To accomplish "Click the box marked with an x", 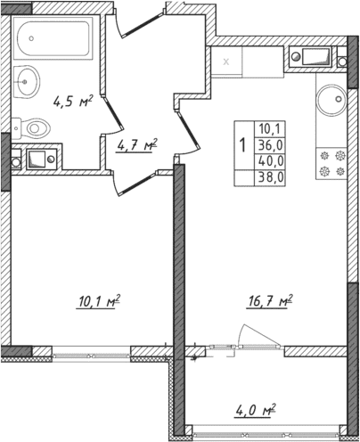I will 226,62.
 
